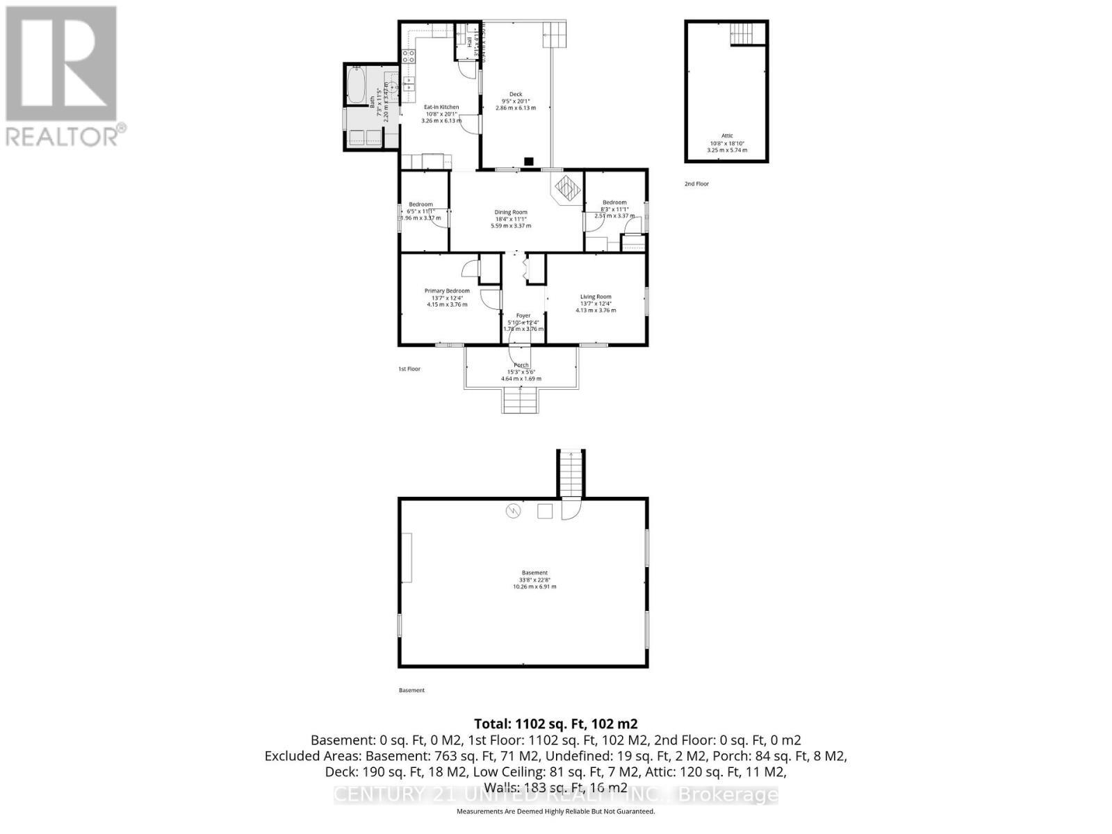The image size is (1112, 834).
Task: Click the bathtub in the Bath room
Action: [356, 85]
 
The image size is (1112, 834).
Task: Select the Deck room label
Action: [516, 95]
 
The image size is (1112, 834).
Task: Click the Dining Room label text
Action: [511, 212]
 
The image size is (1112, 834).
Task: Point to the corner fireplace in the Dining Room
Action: [568, 188]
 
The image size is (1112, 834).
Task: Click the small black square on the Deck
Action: [529, 161]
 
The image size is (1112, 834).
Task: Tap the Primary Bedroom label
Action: [447, 291]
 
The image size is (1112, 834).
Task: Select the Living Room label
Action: [596, 297]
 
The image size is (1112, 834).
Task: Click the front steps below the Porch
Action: [521, 400]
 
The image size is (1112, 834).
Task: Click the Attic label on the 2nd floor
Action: [727, 136]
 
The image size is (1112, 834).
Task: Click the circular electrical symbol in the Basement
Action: [513, 512]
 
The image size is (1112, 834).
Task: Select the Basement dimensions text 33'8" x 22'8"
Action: [534, 580]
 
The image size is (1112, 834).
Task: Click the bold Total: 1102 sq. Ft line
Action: [555, 723]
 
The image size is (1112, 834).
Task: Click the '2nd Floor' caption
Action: [696, 184]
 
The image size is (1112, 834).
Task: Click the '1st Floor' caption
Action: [409, 369]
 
